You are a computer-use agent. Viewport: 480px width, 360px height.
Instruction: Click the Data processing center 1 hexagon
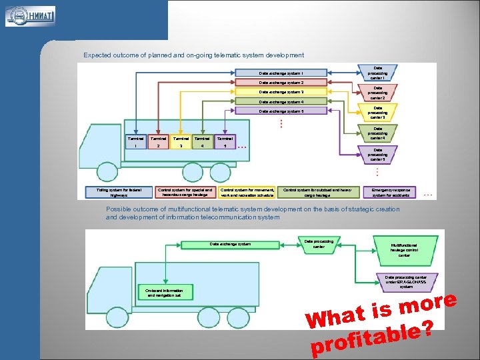(377, 73)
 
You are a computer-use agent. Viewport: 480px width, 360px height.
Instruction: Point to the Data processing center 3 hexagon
(377, 112)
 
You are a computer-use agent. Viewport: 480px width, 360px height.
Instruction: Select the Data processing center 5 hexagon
(377, 155)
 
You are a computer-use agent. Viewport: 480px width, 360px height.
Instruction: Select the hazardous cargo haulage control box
(185, 192)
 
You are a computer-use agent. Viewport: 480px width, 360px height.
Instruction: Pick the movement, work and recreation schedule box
(247, 192)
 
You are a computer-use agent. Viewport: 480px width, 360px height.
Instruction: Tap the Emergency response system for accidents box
(391, 192)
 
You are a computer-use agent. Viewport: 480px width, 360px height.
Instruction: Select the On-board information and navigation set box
(164, 292)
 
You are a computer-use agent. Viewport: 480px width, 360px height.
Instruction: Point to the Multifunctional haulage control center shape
(404, 249)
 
